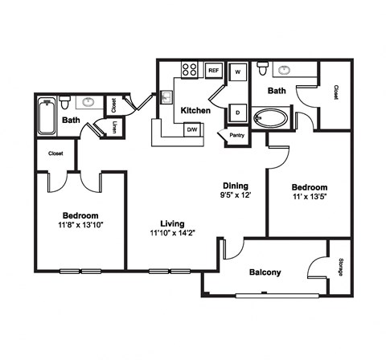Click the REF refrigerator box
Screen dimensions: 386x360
pyautogui.click(x=214, y=71)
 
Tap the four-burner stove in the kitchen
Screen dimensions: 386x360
pyautogui.click(x=189, y=69)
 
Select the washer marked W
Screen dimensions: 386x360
pyautogui.click(x=238, y=72)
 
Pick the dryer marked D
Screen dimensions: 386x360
pyautogui.click(x=237, y=112)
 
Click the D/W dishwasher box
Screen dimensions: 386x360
pyautogui.click(x=192, y=129)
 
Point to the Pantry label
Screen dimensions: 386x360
pyautogui.click(x=237, y=135)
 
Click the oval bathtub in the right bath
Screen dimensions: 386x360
pyautogui.click(x=271, y=118)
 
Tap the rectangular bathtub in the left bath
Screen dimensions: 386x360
pyautogui.click(x=47, y=116)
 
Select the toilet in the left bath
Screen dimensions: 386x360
pyautogui.click(x=64, y=102)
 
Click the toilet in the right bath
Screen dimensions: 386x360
pyautogui.click(x=262, y=68)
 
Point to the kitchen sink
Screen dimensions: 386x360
pyautogui.click(x=166, y=97)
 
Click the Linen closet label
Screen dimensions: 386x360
pyautogui.click(x=115, y=128)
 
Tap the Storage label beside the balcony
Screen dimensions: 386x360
pyautogui.click(x=341, y=267)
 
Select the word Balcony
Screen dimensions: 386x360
pyautogui.click(x=265, y=272)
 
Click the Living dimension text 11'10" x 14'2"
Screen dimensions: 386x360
pyautogui.click(x=172, y=233)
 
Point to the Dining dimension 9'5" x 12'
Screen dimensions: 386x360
pyautogui.click(x=236, y=194)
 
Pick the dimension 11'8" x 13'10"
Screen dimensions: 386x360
pyautogui.click(x=80, y=225)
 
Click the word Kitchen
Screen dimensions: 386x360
pyautogui.click(x=195, y=110)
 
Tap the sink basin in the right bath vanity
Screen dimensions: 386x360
pyautogui.click(x=284, y=70)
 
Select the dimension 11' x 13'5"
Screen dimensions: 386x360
pyautogui.click(x=310, y=197)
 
